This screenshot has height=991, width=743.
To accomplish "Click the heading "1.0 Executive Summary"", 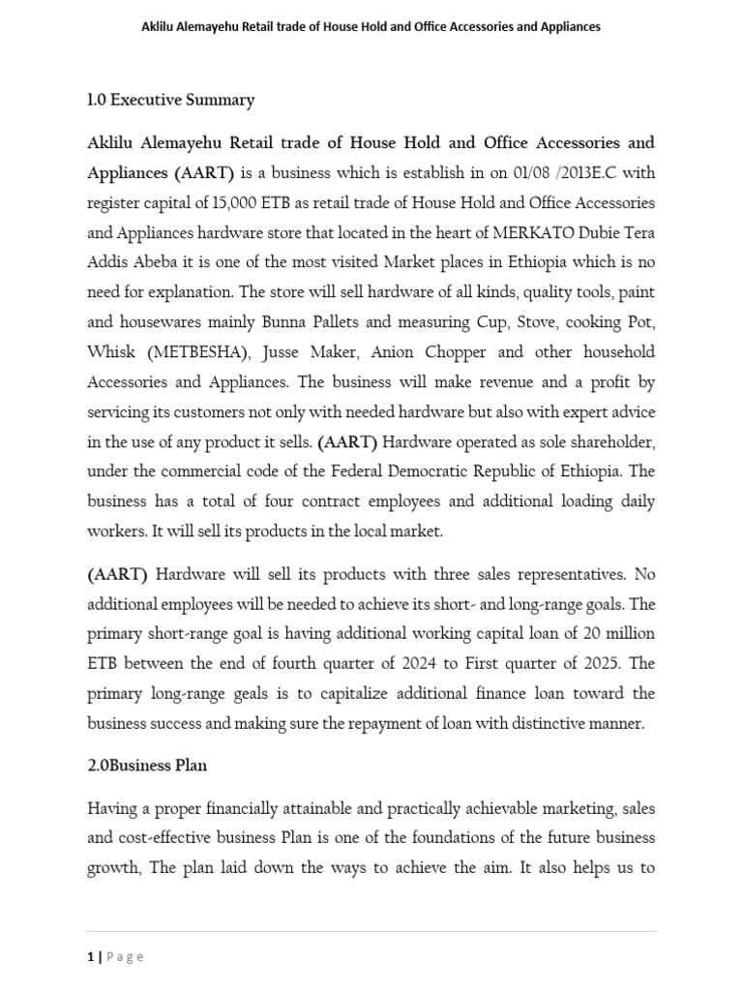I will pyautogui.click(x=170, y=100).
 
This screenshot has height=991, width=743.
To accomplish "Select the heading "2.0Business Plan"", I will pyautogui.click(x=147, y=765).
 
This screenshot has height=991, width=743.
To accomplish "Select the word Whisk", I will pyautogui.click(x=108, y=351).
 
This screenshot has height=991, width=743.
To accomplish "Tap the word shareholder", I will pyautogui.click(x=606, y=442).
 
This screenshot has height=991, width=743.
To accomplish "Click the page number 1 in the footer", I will pyautogui.click(x=90, y=956).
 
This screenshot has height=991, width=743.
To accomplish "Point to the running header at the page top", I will pyautogui.click(x=371, y=27).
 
